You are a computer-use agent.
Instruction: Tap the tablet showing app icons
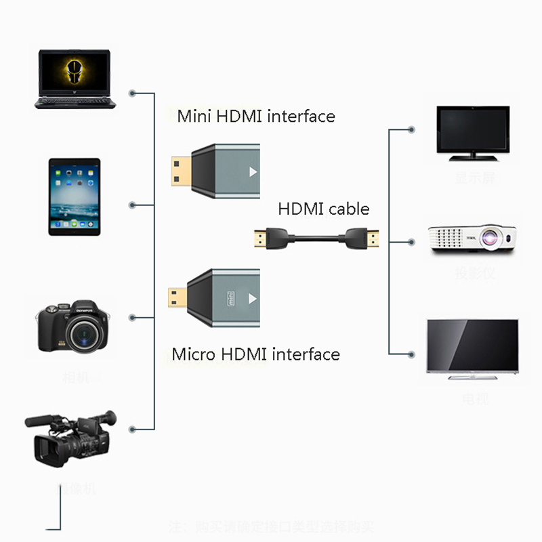[75, 197]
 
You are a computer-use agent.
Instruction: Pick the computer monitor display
[473, 133]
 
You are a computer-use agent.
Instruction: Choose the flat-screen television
[472, 346]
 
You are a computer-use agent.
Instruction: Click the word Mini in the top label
[194, 116]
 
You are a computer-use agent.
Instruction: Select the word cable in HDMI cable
[350, 209]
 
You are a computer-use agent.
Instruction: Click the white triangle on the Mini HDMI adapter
[253, 171]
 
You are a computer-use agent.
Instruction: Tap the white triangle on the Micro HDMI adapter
[253, 297]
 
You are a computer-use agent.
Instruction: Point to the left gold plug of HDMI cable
[259, 239]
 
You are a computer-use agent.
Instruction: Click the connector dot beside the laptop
[132, 92]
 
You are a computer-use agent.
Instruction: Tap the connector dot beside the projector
[411, 241]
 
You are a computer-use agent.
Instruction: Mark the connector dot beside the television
[411, 353]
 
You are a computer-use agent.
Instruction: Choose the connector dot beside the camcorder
[132, 429]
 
